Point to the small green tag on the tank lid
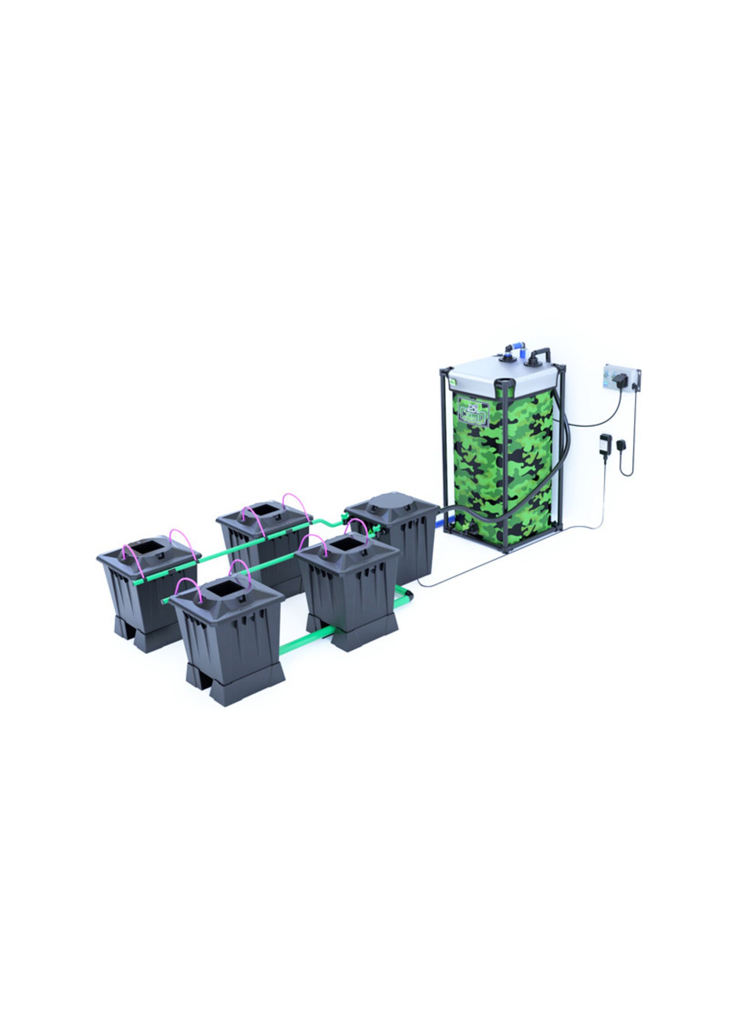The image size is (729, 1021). (x=452, y=382)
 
